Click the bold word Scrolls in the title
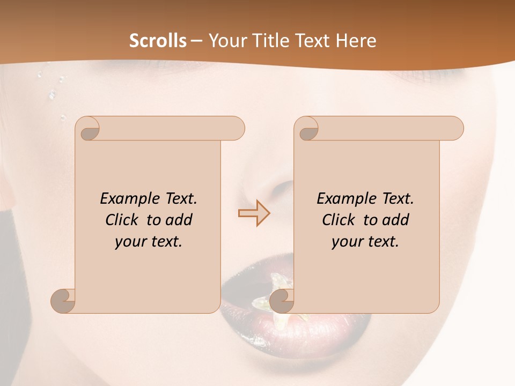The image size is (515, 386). pos(158,41)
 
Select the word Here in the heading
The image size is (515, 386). pos(356,41)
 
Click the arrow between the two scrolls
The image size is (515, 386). pos(254,213)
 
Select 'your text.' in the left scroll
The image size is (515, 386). pos(149,242)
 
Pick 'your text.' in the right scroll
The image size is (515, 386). pos(365,242)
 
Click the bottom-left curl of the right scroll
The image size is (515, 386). pos(283,300)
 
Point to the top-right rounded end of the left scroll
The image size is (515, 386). pos(237,128)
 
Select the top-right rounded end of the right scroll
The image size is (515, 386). pos(455,128)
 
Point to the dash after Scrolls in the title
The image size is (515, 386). pos(196,41)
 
